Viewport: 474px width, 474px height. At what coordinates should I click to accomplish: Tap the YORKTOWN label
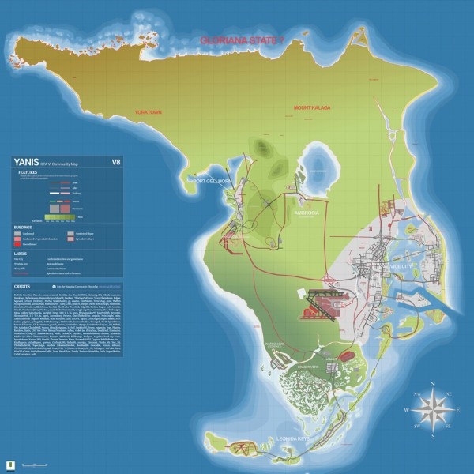(x=149, y=112)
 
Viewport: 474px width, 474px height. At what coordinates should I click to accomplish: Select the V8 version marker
(x=116, y=164)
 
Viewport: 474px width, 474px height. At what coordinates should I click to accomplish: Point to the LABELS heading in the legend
(x=23, y=253)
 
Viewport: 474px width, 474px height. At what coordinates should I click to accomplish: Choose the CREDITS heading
(x=24, y=284)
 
